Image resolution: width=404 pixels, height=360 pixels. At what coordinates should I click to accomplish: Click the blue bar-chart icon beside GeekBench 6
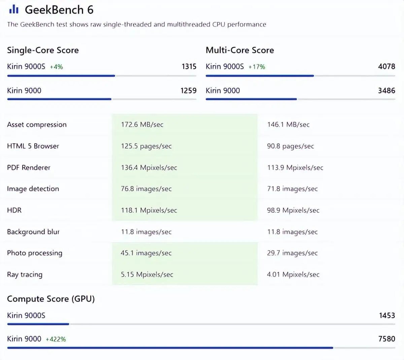tap(14, 9)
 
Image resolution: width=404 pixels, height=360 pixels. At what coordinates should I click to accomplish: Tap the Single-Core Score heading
tap(43, 50)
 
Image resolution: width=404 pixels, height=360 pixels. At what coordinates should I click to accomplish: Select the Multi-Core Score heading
tap(240, 50)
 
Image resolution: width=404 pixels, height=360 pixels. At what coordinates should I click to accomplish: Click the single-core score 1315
tap(189, 66)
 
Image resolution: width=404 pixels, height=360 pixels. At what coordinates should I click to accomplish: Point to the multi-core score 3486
tap(386, 91)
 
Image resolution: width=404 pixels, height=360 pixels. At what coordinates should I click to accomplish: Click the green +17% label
tap(257, 67)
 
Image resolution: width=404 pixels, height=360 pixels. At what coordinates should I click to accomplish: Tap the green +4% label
tap(57, 67)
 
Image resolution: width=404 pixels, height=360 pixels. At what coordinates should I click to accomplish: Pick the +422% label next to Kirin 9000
tap(56, 339)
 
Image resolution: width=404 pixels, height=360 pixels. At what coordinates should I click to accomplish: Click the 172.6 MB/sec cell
tap(142, 125)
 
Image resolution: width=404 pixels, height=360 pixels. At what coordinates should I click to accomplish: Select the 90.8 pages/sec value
tap(291, 146)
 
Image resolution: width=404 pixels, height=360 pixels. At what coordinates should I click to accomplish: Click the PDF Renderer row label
tap(29, 168)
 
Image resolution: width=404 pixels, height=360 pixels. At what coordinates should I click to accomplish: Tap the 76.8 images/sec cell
tap(146, 189)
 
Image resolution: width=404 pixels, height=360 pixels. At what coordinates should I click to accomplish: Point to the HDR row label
tap(14, 210)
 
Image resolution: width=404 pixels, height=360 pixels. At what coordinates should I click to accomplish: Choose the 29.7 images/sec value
tap(292, 253)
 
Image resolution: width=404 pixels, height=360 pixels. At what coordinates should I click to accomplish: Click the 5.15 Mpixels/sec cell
tap(147, 274)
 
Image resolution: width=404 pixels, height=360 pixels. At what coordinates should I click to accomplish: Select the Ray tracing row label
tap(25, 275)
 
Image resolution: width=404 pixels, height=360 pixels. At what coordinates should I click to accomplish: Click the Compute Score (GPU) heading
tap(51, 299)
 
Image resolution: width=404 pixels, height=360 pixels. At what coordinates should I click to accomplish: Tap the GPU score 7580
tap(386, 339)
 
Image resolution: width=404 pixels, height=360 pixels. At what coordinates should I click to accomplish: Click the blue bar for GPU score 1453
tap(38, 324)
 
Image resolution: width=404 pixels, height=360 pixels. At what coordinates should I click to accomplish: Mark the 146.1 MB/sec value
tap(288, 125)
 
